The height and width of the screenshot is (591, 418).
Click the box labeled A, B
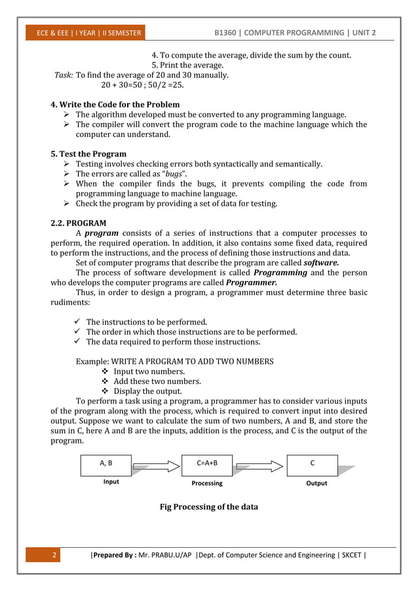pos(105,465)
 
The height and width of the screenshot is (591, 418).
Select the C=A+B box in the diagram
pos(207,465)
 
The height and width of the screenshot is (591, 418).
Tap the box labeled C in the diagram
pos(312,465)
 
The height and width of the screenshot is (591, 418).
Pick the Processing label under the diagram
pos(207,483)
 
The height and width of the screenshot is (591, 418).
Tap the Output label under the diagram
pos(316,483)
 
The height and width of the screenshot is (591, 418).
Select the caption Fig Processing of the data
pos(208,506)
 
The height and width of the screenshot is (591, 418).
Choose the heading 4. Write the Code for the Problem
pos(115,104)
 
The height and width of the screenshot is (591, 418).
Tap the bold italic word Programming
pos(280,272)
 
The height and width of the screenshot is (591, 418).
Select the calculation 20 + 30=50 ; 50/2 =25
pos(142,85)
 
